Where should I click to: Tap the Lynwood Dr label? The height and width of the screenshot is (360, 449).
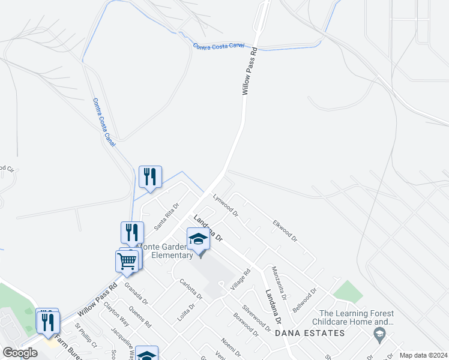click(x=226, y=205)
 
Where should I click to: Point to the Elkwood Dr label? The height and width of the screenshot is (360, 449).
click(x=285, y=230)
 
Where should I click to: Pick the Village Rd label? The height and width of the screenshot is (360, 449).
click(x=241, y=280)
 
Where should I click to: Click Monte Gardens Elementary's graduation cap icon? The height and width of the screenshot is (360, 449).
click(x=197, y=239)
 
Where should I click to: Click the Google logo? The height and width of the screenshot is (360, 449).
click(x=20, y=353)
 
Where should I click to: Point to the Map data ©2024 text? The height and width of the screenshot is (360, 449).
click(x=423, y=355)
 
